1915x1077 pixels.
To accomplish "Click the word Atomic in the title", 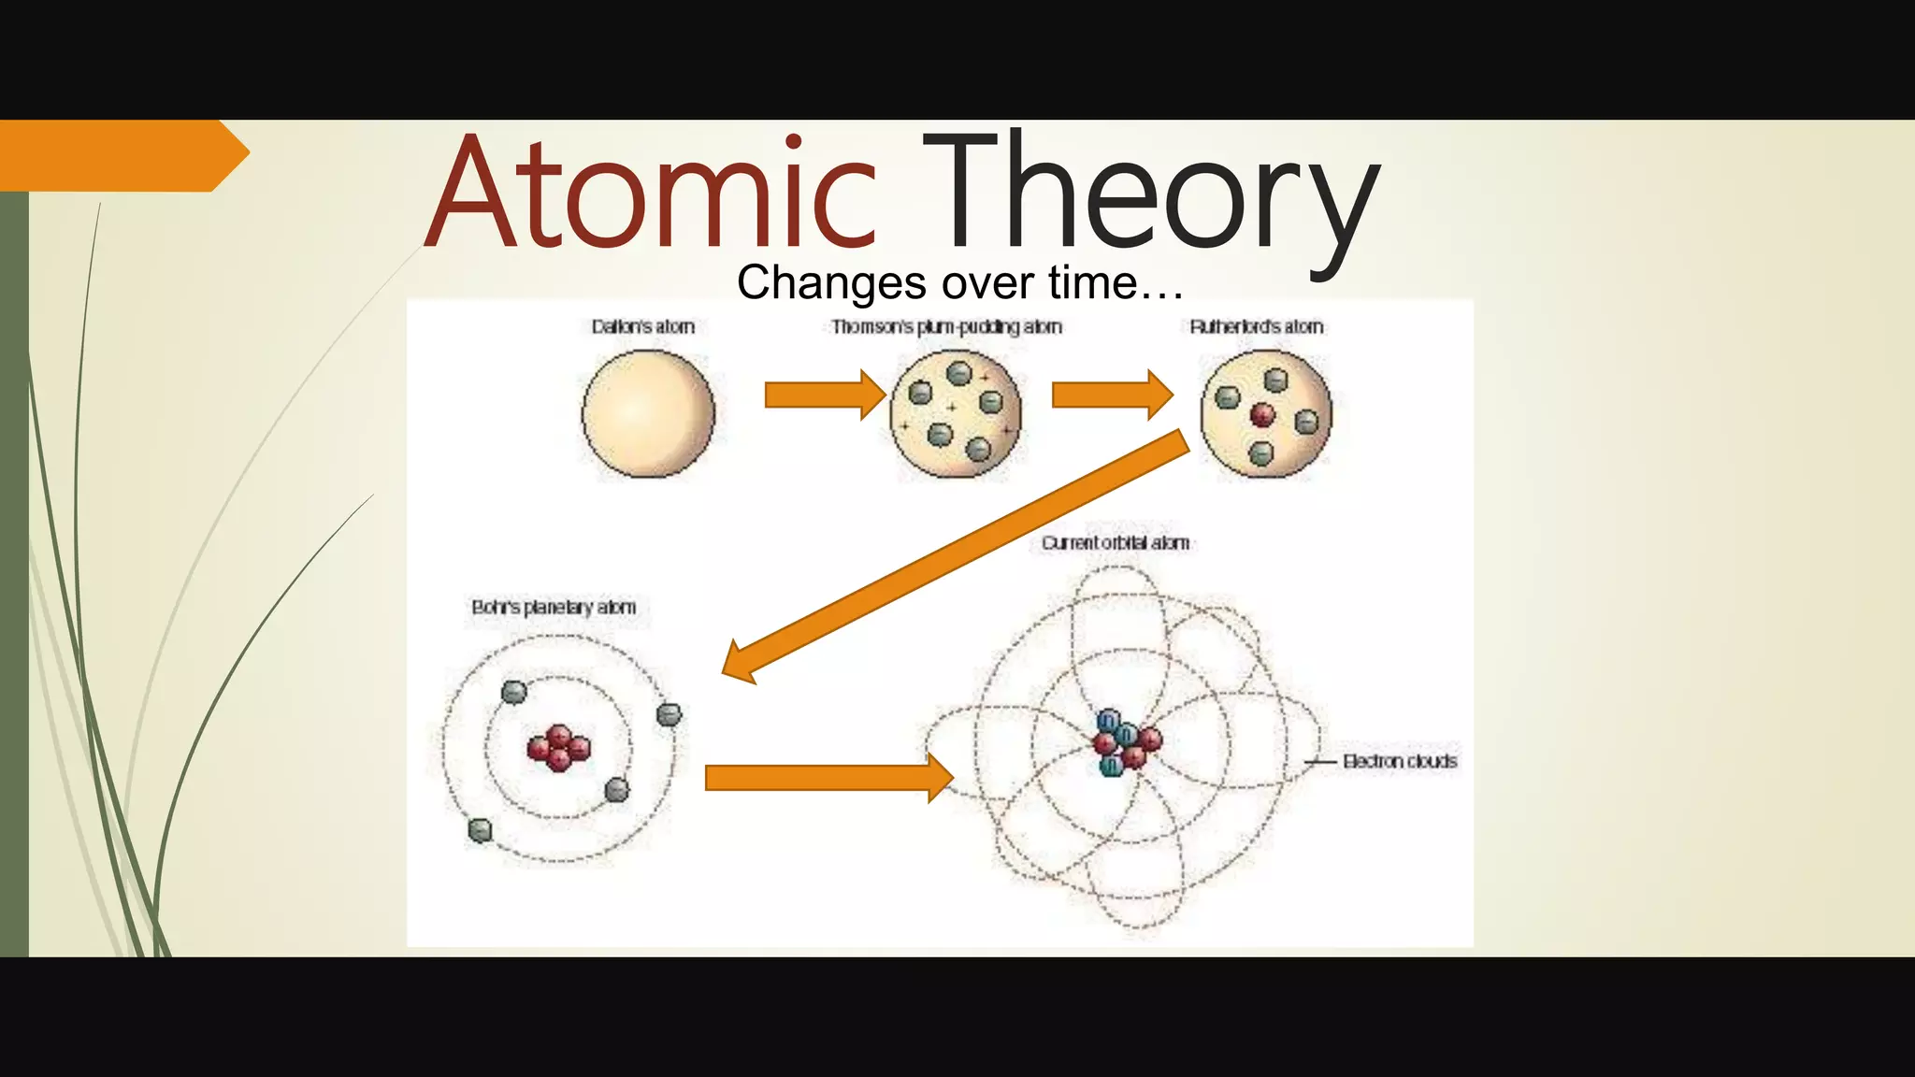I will click(x=651, y=193).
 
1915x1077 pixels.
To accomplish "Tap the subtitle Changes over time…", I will click(x=959, y=282).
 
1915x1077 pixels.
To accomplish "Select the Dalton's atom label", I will click(x=643, y=327).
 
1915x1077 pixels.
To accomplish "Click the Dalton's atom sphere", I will click(x=648, y=413).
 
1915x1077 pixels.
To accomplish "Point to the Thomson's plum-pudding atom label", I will click(x=946, y=327).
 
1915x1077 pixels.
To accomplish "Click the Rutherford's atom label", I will click(x=1257, y=327).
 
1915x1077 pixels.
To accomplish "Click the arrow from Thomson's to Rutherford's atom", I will click(x=1112, y=395).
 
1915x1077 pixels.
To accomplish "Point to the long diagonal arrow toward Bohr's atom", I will click(x=954, y=557).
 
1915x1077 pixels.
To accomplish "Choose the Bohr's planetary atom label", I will click(x=554, y=608).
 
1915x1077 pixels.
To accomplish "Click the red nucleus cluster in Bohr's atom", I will click(x=558, y=748).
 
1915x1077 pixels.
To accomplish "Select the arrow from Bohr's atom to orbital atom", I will click(x=828, y=778).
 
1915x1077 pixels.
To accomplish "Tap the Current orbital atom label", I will click(x=1116, y=543).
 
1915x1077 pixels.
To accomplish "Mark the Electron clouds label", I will click(x=1400, y=762).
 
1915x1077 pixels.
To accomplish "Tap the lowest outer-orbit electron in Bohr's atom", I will click(x=480, y=830).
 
